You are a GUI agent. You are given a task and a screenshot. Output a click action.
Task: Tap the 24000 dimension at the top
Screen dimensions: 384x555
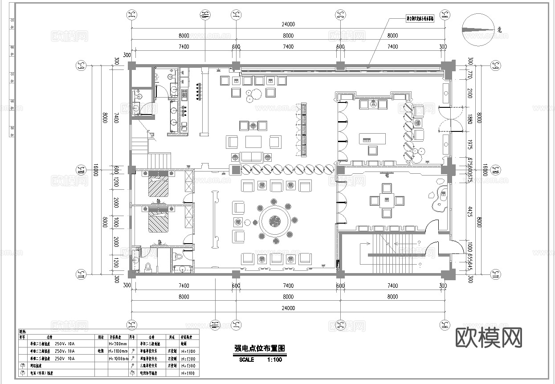(288, 24)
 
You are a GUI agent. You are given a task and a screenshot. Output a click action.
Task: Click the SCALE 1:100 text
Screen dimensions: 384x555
(261, 359)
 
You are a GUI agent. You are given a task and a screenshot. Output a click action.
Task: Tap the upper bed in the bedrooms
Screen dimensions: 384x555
(159, 184)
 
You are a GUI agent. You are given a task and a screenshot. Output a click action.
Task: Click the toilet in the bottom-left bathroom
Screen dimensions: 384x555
(179, 257)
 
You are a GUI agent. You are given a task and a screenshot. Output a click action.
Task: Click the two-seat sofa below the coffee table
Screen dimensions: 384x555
(251, 156)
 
